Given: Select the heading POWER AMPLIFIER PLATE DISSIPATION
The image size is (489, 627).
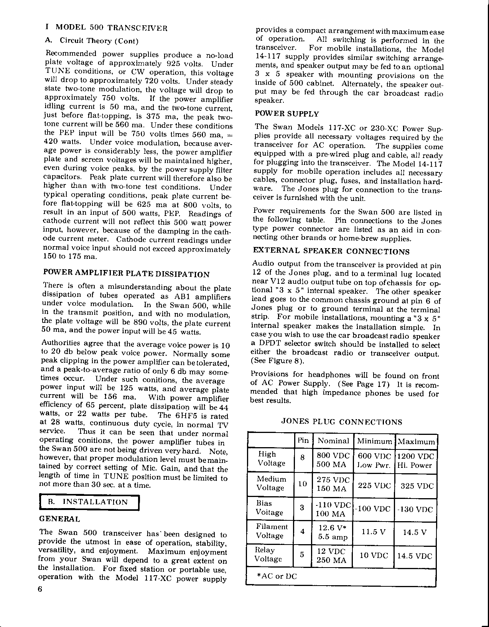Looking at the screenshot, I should (127, 274).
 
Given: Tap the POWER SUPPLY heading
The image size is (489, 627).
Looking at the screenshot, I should (286, 114).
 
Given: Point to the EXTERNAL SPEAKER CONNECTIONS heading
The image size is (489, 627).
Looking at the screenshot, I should (331, 252).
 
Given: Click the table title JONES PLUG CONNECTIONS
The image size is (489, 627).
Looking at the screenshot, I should (342, 422).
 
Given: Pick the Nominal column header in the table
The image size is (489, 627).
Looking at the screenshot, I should (333, 441).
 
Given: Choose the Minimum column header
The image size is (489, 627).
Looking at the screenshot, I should (375, 441).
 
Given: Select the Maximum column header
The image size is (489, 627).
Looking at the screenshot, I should (416, 441).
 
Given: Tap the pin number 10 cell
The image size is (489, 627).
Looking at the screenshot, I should (303, 484).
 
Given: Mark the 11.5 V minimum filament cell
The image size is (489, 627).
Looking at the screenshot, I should (374, 532).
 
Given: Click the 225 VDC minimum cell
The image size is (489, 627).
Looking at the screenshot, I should (374, 485).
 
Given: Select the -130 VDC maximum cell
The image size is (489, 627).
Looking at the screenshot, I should (416, 510).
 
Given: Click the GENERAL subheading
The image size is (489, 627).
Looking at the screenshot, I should (60, 519).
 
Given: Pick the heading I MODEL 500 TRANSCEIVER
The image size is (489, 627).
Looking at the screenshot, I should (106, 28).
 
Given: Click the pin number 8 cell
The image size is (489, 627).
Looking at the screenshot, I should (303, 457).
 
